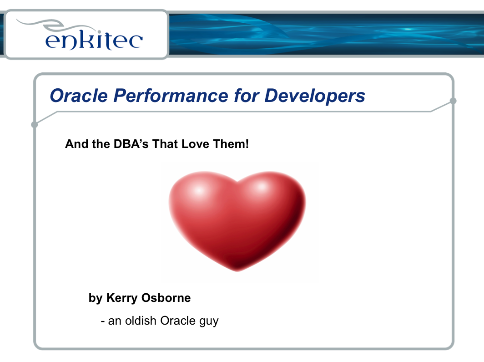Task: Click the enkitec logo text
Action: [x=94, y=40]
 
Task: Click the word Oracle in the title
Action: [x=79, y=96]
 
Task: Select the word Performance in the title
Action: [x=171, y=96]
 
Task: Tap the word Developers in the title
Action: [x=315, y=96]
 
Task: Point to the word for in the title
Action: [x=247, y=96]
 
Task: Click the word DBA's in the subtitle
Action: [x=131, y=144]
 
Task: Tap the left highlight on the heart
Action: [x=198, y=189]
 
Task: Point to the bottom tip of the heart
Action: [x=237, y=271]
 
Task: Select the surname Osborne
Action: [x=166, y=298]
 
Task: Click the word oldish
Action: [x=141, y=321]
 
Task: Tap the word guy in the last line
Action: [x=209, y=322]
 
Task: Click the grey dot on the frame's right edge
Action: [x=453, y=101]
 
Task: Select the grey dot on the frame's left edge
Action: [x=35, y=124]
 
